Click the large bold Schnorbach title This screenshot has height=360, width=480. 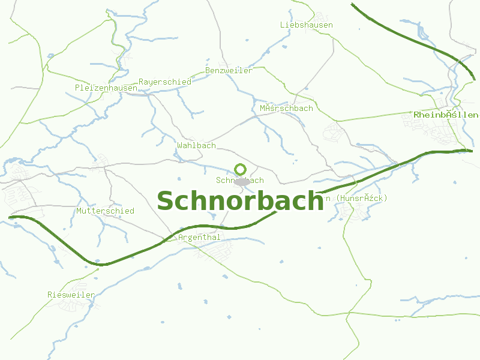[240, 201]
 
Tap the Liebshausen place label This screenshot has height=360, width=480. [306, 25]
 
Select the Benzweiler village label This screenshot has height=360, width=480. [229, 70]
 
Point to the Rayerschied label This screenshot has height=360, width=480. [164, 82]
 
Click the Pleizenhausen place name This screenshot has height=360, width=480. [106, 88]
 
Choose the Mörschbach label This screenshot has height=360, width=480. [286, 109]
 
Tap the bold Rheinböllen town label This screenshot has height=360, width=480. [446, 115]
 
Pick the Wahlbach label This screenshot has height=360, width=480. [196, 146]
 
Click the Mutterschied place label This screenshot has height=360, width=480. [105, 211]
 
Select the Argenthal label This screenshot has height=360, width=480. [199, 238]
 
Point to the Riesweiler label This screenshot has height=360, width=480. [71, 295]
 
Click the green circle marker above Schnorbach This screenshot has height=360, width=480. [240, 169]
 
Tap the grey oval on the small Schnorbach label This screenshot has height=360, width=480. [242, 181]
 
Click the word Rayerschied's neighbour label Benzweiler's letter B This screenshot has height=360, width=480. [208, 70]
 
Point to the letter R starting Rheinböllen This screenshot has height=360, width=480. [416, 115]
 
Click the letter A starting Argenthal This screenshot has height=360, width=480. [181, 238]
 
